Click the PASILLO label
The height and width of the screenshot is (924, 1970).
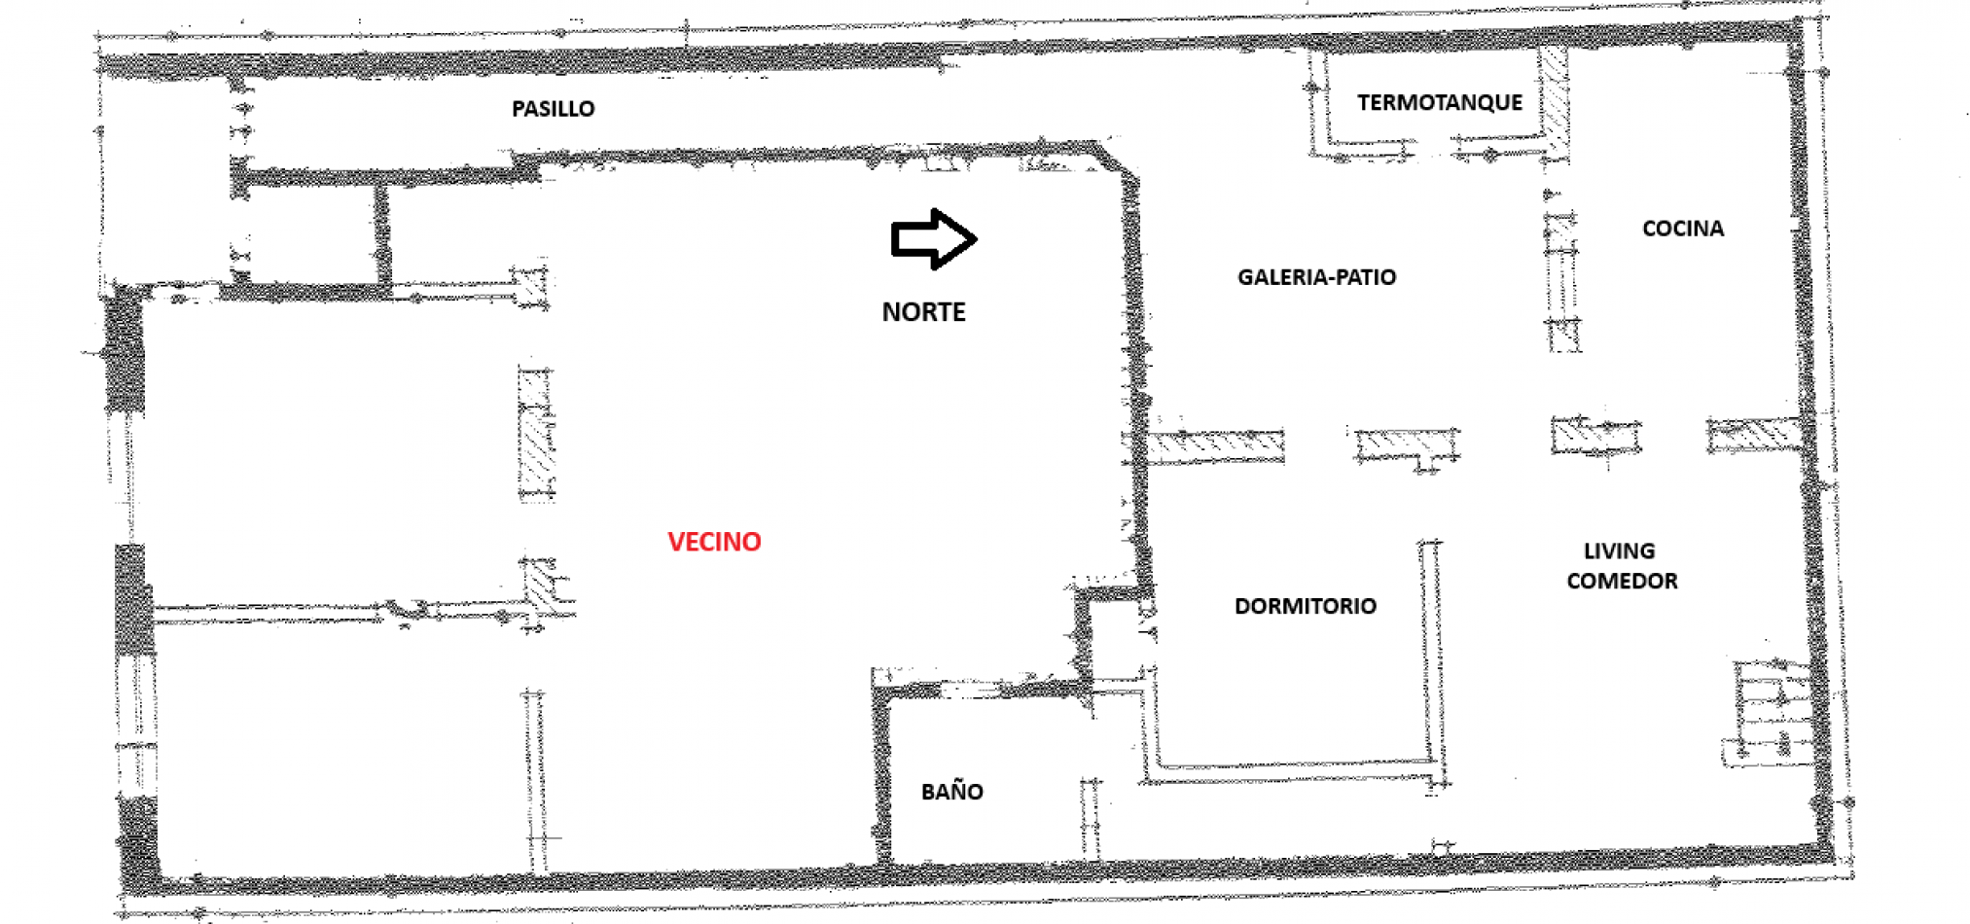(x=553, y=108)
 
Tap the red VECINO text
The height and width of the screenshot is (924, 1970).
(x=714, y=541)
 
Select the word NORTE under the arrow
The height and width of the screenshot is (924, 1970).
(x=923, y=311)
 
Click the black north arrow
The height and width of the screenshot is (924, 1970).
(x=933, y=238)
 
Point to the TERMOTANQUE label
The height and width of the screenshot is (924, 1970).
(x=1440, y=102)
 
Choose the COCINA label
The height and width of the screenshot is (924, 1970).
(x=1683, y=228)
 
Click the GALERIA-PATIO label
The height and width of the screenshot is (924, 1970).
(x=1316, y=276)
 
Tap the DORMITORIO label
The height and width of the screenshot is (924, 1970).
(x=1306, y=606)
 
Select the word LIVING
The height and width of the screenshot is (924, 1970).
(x=1619, y=551)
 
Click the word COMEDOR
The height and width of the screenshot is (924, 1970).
(x=1622, y=581)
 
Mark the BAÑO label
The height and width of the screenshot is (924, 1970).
(x=951, y=791)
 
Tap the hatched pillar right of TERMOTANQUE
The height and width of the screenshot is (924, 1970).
(x=1554, y=102)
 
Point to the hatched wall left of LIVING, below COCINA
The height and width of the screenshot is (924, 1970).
(x=1595, y=436)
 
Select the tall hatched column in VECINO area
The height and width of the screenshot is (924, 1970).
(x=537, y=434)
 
